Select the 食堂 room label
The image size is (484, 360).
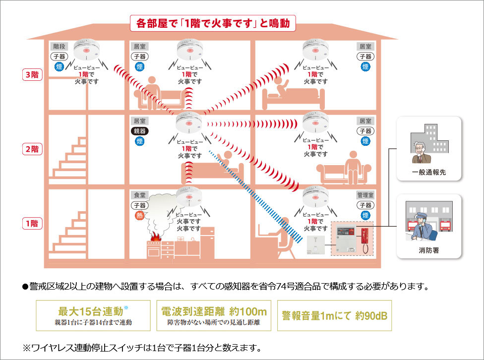click(139, 195)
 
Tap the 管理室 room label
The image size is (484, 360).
click(365, 195)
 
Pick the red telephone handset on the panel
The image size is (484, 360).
click(365, 239)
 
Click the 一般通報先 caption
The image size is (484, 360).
click(429, 173)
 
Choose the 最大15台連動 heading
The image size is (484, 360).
click(91, 311)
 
